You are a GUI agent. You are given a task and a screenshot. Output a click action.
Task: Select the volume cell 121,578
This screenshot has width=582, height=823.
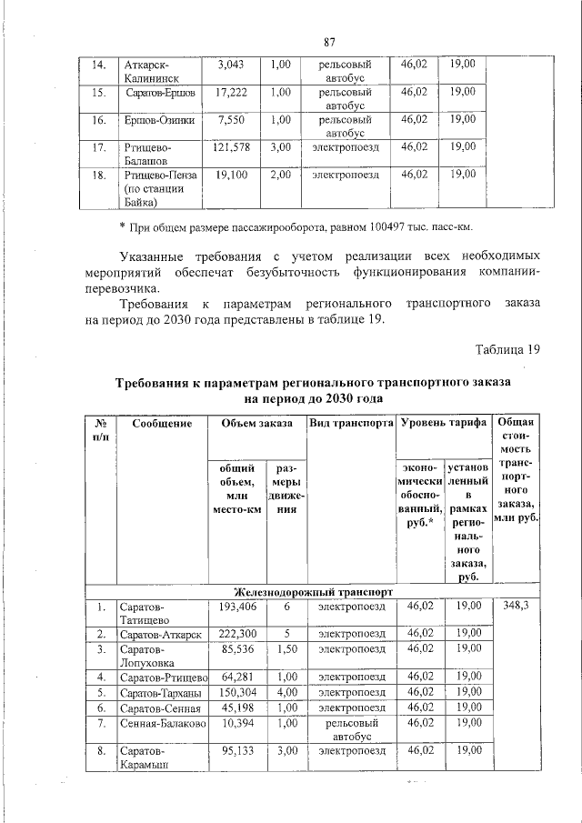[231, 146]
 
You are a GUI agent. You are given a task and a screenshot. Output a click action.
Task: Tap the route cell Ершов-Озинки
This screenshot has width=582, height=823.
[157, 119]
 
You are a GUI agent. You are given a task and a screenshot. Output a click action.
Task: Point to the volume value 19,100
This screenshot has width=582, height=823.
[231, 174]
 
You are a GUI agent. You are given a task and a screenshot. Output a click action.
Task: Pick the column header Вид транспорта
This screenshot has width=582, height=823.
[350, 424]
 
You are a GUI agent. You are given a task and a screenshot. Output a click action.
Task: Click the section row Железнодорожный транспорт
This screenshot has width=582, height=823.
[313, 590]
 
